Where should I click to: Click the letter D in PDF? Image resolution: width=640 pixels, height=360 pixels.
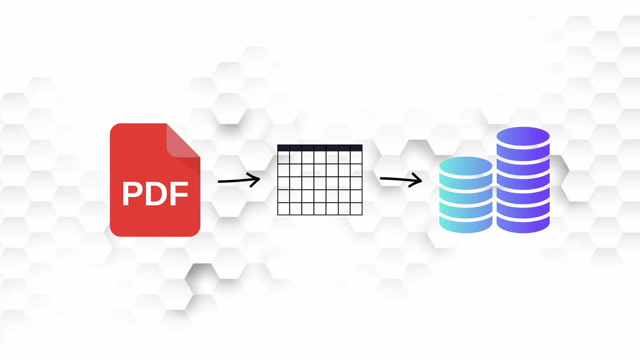pos(156,194)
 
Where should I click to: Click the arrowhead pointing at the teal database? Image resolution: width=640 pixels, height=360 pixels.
pos(418,180)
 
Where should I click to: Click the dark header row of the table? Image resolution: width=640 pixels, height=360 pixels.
pos(320,148)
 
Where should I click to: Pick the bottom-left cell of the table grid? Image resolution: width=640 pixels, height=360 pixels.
pos(284,209)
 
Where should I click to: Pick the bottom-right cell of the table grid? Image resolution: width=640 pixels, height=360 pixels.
pos(356,209)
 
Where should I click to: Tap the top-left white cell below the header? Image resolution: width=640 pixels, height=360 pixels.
pos(284,157)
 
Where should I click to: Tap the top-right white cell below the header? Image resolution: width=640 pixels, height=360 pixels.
pos(356,157)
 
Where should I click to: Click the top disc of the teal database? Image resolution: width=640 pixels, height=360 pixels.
pos(466,166)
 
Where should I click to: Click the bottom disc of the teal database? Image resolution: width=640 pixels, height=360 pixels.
pos(466,225)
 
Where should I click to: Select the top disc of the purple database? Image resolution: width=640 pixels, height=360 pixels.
pos(523,137)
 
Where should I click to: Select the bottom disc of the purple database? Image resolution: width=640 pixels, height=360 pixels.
pos(523,225)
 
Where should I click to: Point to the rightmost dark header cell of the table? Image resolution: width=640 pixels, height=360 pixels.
pos(356,148)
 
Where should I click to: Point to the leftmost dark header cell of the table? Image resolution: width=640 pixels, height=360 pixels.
pos(284,148)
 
